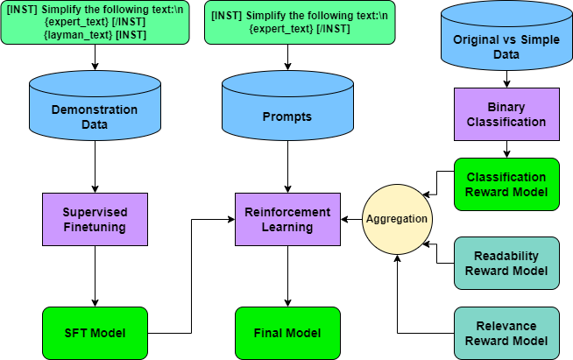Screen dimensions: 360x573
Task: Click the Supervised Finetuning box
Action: click(95, 219)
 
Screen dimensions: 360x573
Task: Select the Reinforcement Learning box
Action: click(287, 219)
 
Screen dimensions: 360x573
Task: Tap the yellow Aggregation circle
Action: click(398, 219)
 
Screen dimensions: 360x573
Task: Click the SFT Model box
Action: click(95, 333)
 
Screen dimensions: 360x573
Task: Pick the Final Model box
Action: click(287, 333)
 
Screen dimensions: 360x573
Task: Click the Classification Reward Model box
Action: click(506, 184)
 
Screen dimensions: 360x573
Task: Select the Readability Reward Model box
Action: click(506, 263)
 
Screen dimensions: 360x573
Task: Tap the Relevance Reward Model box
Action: click(506, 333)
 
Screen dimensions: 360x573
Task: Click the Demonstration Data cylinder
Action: click(95, 114)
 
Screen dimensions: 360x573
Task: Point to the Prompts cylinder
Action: click(287, 114)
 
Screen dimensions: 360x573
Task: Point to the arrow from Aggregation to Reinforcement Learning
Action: click(352, 219)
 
